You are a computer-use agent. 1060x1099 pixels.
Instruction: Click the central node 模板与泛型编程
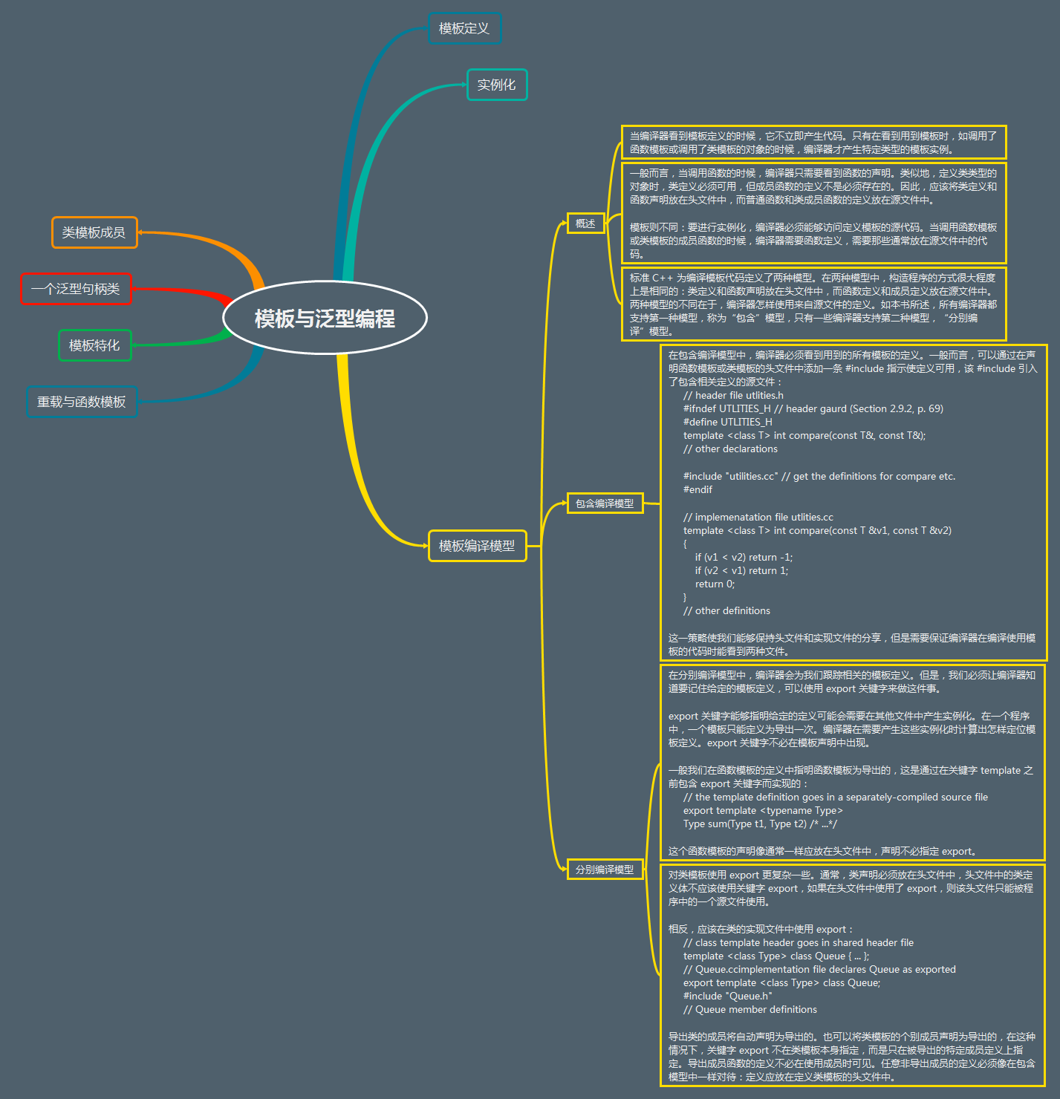point(325,318)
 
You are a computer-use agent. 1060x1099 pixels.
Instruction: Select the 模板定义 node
point(464,28)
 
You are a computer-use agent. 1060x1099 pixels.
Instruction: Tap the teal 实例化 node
point(496,85)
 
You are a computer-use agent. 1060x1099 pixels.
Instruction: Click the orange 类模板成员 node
point(94,232)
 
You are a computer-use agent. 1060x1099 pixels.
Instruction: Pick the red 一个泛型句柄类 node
point(76,289)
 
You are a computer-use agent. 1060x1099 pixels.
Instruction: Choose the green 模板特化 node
point(94,345)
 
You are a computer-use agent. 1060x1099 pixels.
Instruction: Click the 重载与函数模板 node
point(82,402)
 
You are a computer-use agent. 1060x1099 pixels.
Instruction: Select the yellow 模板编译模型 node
point(477,546)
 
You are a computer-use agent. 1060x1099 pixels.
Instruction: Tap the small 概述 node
point(585,224)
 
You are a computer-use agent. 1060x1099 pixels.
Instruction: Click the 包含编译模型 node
point(605,503)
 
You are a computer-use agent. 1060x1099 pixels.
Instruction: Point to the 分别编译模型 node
point(605,870)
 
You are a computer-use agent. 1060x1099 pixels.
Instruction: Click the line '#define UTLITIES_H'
point(727,422)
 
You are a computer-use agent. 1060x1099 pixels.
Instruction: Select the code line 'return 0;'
point(715,584)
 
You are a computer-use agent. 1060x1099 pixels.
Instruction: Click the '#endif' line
point(698,490)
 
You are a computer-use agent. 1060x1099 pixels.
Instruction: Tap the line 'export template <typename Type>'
point(763,811)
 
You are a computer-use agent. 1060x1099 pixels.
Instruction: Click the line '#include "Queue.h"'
point(727,997)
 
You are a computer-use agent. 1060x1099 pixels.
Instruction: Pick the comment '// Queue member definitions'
point(750,1010)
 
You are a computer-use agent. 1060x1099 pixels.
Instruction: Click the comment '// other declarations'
point(730,449)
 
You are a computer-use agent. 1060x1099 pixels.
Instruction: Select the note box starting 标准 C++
point(813,304)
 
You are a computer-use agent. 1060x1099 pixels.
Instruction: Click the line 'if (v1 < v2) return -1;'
point(744,558)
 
